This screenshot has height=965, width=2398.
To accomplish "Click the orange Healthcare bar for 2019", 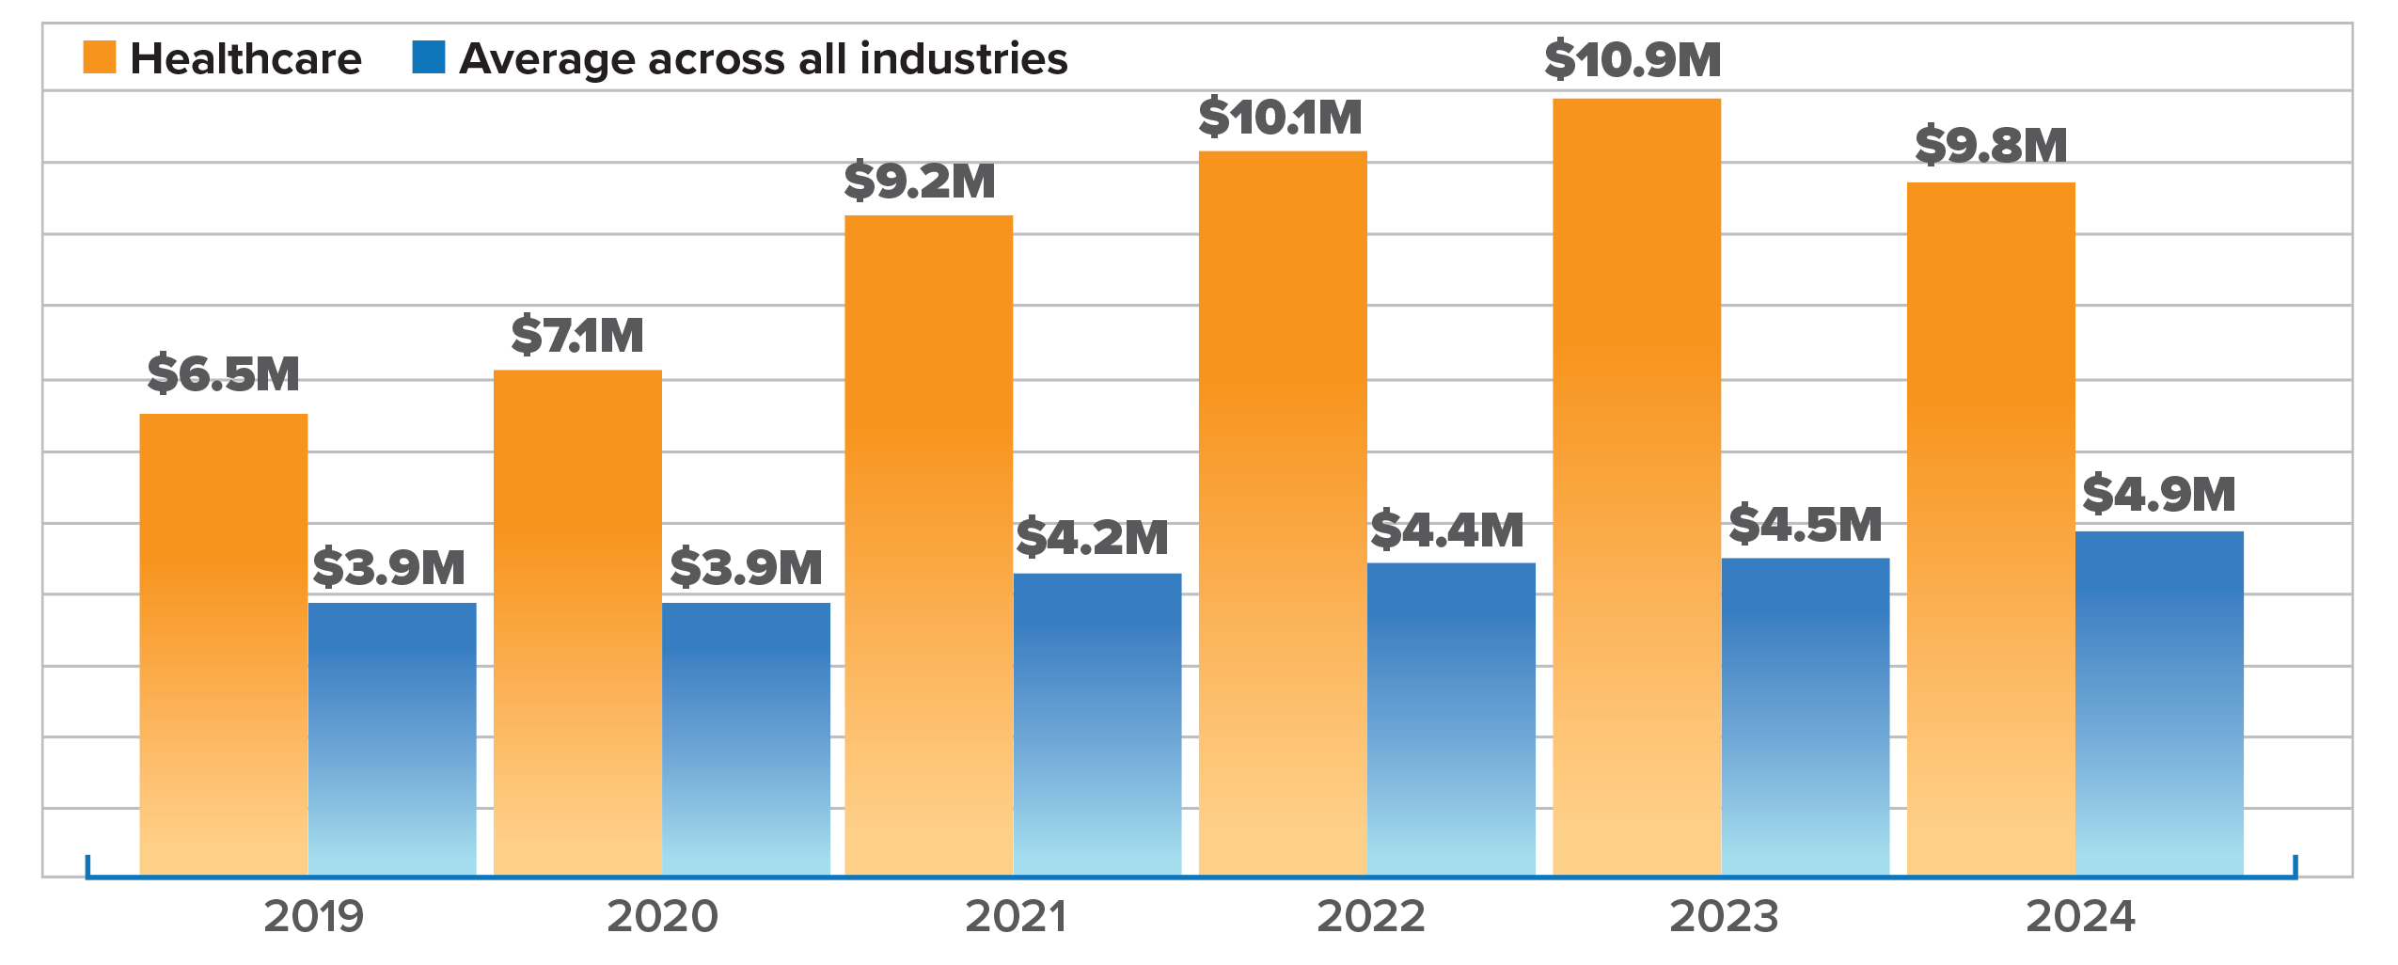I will [x=224, y=643].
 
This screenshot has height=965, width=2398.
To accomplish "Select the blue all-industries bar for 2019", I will [x=392, y=738].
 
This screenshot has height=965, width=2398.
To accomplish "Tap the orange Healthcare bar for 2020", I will [x=577, y=622].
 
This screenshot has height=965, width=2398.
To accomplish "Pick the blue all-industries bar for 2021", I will [x=1097, y=723].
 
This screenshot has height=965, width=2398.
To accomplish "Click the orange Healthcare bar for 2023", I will [x=1636, y=486].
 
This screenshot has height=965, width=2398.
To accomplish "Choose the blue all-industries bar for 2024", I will [x=2159, y=703].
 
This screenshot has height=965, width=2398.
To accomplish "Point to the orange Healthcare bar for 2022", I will [x=1283, y=513].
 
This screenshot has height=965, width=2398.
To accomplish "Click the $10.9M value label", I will [x=1633, y=60].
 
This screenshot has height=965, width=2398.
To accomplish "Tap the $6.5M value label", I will [x=223, y=373].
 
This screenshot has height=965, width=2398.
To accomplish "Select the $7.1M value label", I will [x=577, y=335].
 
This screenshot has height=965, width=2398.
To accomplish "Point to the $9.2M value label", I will [x=919, y=181].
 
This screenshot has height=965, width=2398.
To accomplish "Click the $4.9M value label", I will [x=2158, y=494].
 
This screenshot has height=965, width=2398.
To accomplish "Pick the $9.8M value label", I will [x=1991, y=145].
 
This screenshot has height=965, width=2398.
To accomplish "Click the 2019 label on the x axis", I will [x=313, y=915].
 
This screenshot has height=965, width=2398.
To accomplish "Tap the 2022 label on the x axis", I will [x=1371, y=915].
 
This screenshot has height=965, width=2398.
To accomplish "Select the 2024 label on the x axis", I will [x=2080, y=915].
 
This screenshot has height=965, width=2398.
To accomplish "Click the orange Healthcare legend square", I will [x=100, y=57].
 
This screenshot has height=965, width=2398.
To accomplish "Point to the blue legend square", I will [x=429, y=57].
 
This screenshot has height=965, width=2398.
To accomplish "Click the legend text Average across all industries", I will [x=763, y=58].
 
